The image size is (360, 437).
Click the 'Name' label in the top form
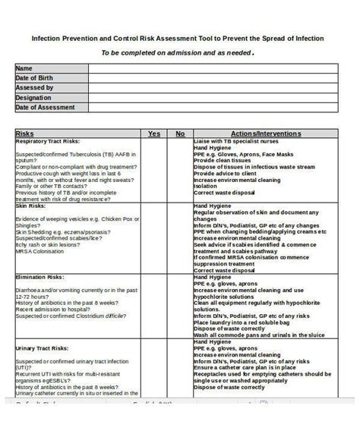24,68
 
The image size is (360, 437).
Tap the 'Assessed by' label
34,88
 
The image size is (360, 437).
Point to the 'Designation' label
34,98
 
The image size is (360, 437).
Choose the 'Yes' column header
154,134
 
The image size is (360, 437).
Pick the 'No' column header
180,134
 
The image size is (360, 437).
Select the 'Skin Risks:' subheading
31,206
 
